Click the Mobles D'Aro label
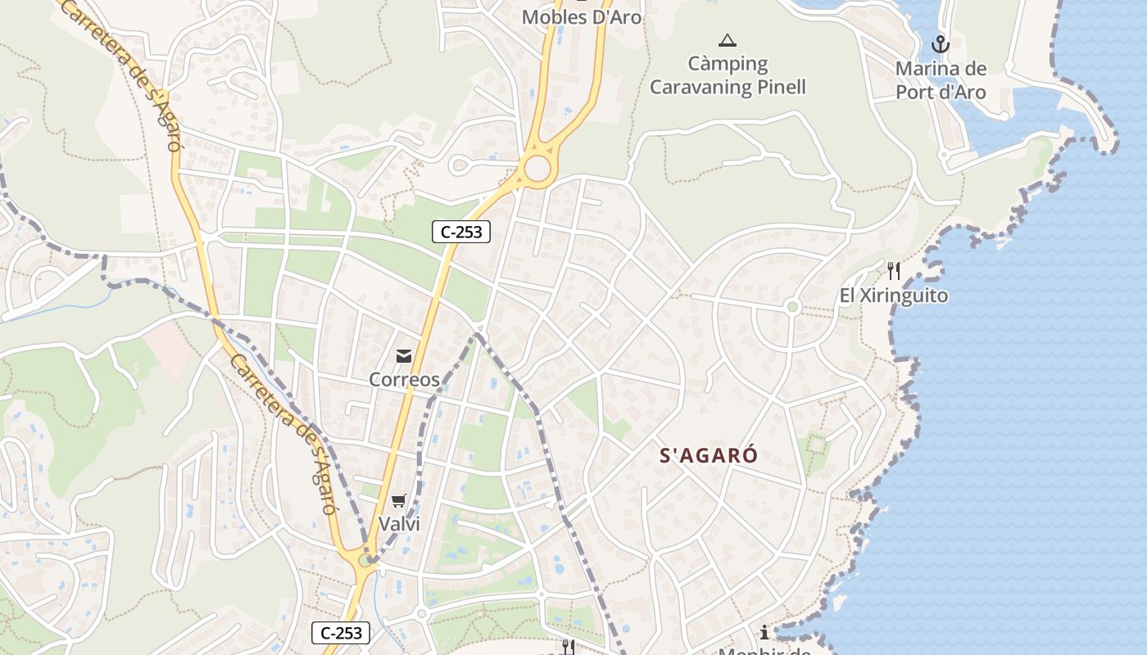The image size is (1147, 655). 582,16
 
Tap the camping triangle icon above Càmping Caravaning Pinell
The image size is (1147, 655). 727,40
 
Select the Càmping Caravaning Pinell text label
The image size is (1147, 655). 728,75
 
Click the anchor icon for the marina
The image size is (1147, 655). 940,44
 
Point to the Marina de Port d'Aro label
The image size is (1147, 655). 941,80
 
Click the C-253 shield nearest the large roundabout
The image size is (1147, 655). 461,232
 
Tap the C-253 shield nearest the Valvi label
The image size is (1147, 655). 341,633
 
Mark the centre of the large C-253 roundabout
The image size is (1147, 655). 537,169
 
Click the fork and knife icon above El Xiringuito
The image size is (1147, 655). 893,271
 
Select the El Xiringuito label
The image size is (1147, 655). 894,296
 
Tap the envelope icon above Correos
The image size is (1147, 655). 404,355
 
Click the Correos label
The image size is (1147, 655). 404,379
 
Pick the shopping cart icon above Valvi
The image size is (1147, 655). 399,500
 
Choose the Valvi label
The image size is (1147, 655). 399,524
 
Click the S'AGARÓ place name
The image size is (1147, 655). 709,456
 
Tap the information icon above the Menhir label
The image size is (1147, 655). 764,632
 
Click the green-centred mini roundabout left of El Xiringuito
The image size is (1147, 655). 791,307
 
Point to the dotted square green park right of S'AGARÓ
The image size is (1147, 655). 816,445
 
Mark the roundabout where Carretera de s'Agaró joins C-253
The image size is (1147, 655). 365,561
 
